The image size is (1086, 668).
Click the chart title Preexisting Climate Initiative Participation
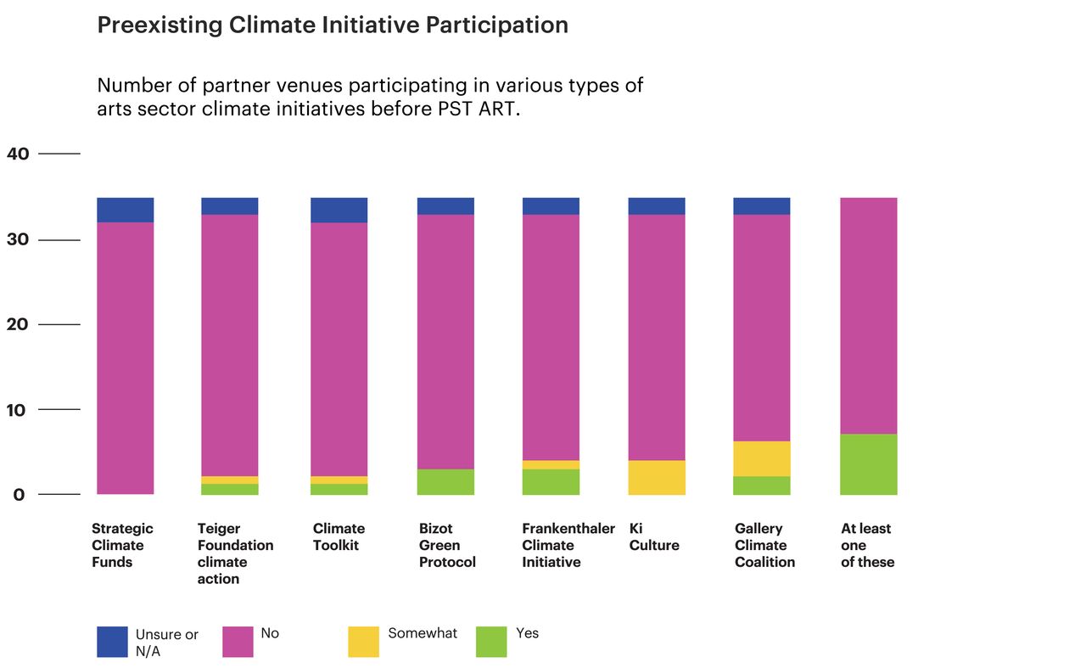[x=333, y=25]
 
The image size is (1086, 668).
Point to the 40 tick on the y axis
[x=19, y=154]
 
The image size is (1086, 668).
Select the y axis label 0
[x=19, y=495]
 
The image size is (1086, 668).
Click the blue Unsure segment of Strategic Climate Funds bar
[x=125, y=210]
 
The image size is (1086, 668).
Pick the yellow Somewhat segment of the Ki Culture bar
[x=656, y=477]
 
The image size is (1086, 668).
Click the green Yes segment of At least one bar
[x=868, y=464]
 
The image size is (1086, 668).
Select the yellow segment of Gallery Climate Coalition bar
[x=761, y=458]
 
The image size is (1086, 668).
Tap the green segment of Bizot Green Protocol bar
[x=445, y=481]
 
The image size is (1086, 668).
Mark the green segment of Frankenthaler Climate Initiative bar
[x=550, y=481]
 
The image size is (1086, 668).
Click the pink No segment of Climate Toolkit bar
[x=339, y=348]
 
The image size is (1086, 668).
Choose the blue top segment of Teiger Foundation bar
[x=229, y=205]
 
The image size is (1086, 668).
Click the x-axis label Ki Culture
[x=654, y=536]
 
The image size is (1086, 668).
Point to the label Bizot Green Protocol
[x=447, y=545]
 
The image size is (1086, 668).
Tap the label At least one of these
[x=867, y=545]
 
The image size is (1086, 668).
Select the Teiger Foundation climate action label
[x=235, y=553]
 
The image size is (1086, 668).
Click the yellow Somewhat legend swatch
[x=363, y=642]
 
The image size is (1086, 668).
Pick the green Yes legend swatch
[x=491, y=642]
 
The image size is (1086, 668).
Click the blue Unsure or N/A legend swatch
[x=112, y=642]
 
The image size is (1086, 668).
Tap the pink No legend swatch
[x=238, y=642]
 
